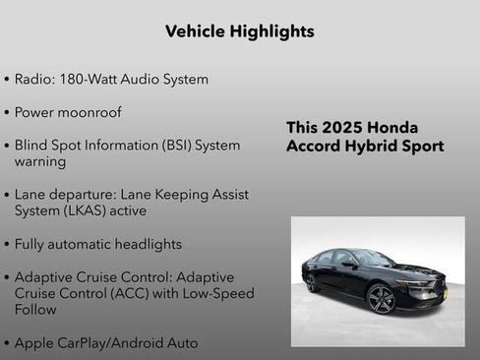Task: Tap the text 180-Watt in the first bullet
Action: tap(93, 80)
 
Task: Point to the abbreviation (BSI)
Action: tap(171, 146)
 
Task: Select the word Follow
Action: tap(36, 310)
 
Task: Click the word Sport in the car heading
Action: tap(423, 147)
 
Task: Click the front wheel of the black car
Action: tap(382, 297)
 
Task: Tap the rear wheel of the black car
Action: tap(313, 283)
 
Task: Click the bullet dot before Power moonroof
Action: tap(8, 113)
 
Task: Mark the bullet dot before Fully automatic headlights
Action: tap(8, 244)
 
